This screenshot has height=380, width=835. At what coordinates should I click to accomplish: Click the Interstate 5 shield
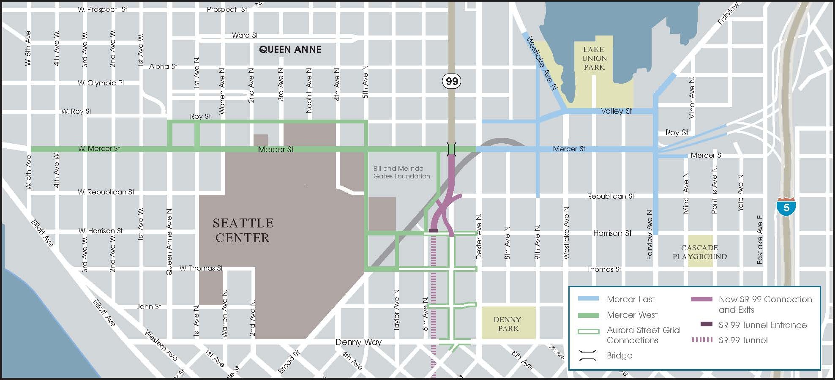(786, 207)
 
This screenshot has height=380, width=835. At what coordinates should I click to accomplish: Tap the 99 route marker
(452, 81)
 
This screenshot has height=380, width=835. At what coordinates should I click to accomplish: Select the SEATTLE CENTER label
(243, 230)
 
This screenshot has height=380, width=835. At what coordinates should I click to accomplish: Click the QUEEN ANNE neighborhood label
(290, 49)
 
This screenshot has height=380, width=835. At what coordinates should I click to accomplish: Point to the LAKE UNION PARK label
(594, 58)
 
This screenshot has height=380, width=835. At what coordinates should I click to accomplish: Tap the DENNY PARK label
(508, 324)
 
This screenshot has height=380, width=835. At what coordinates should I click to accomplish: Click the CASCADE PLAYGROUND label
(700, 252)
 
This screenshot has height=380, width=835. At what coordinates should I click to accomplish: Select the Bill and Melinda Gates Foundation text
(401, 172)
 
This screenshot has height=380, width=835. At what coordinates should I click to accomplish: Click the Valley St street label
(616, 111)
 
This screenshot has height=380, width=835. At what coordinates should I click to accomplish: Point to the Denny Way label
(358, 342)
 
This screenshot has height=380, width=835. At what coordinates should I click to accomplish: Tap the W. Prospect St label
(102, 9)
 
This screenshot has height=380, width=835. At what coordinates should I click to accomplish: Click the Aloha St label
(163, 66)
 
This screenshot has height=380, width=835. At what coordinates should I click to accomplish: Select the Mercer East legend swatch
(588, 299)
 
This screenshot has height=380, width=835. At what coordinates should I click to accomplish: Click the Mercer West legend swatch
(588, 315)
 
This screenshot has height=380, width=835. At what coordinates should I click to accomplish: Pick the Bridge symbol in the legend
(588, 355)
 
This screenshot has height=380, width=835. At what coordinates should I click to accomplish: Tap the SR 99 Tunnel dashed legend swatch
(702, 340)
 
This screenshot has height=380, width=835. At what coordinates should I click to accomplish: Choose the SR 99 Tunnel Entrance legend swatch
(706, 324)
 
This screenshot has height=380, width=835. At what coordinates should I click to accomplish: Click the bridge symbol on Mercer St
(451, 149)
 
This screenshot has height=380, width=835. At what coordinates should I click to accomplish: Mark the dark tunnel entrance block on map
(434, 230)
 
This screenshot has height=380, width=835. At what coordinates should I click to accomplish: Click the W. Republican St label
(106, 192)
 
